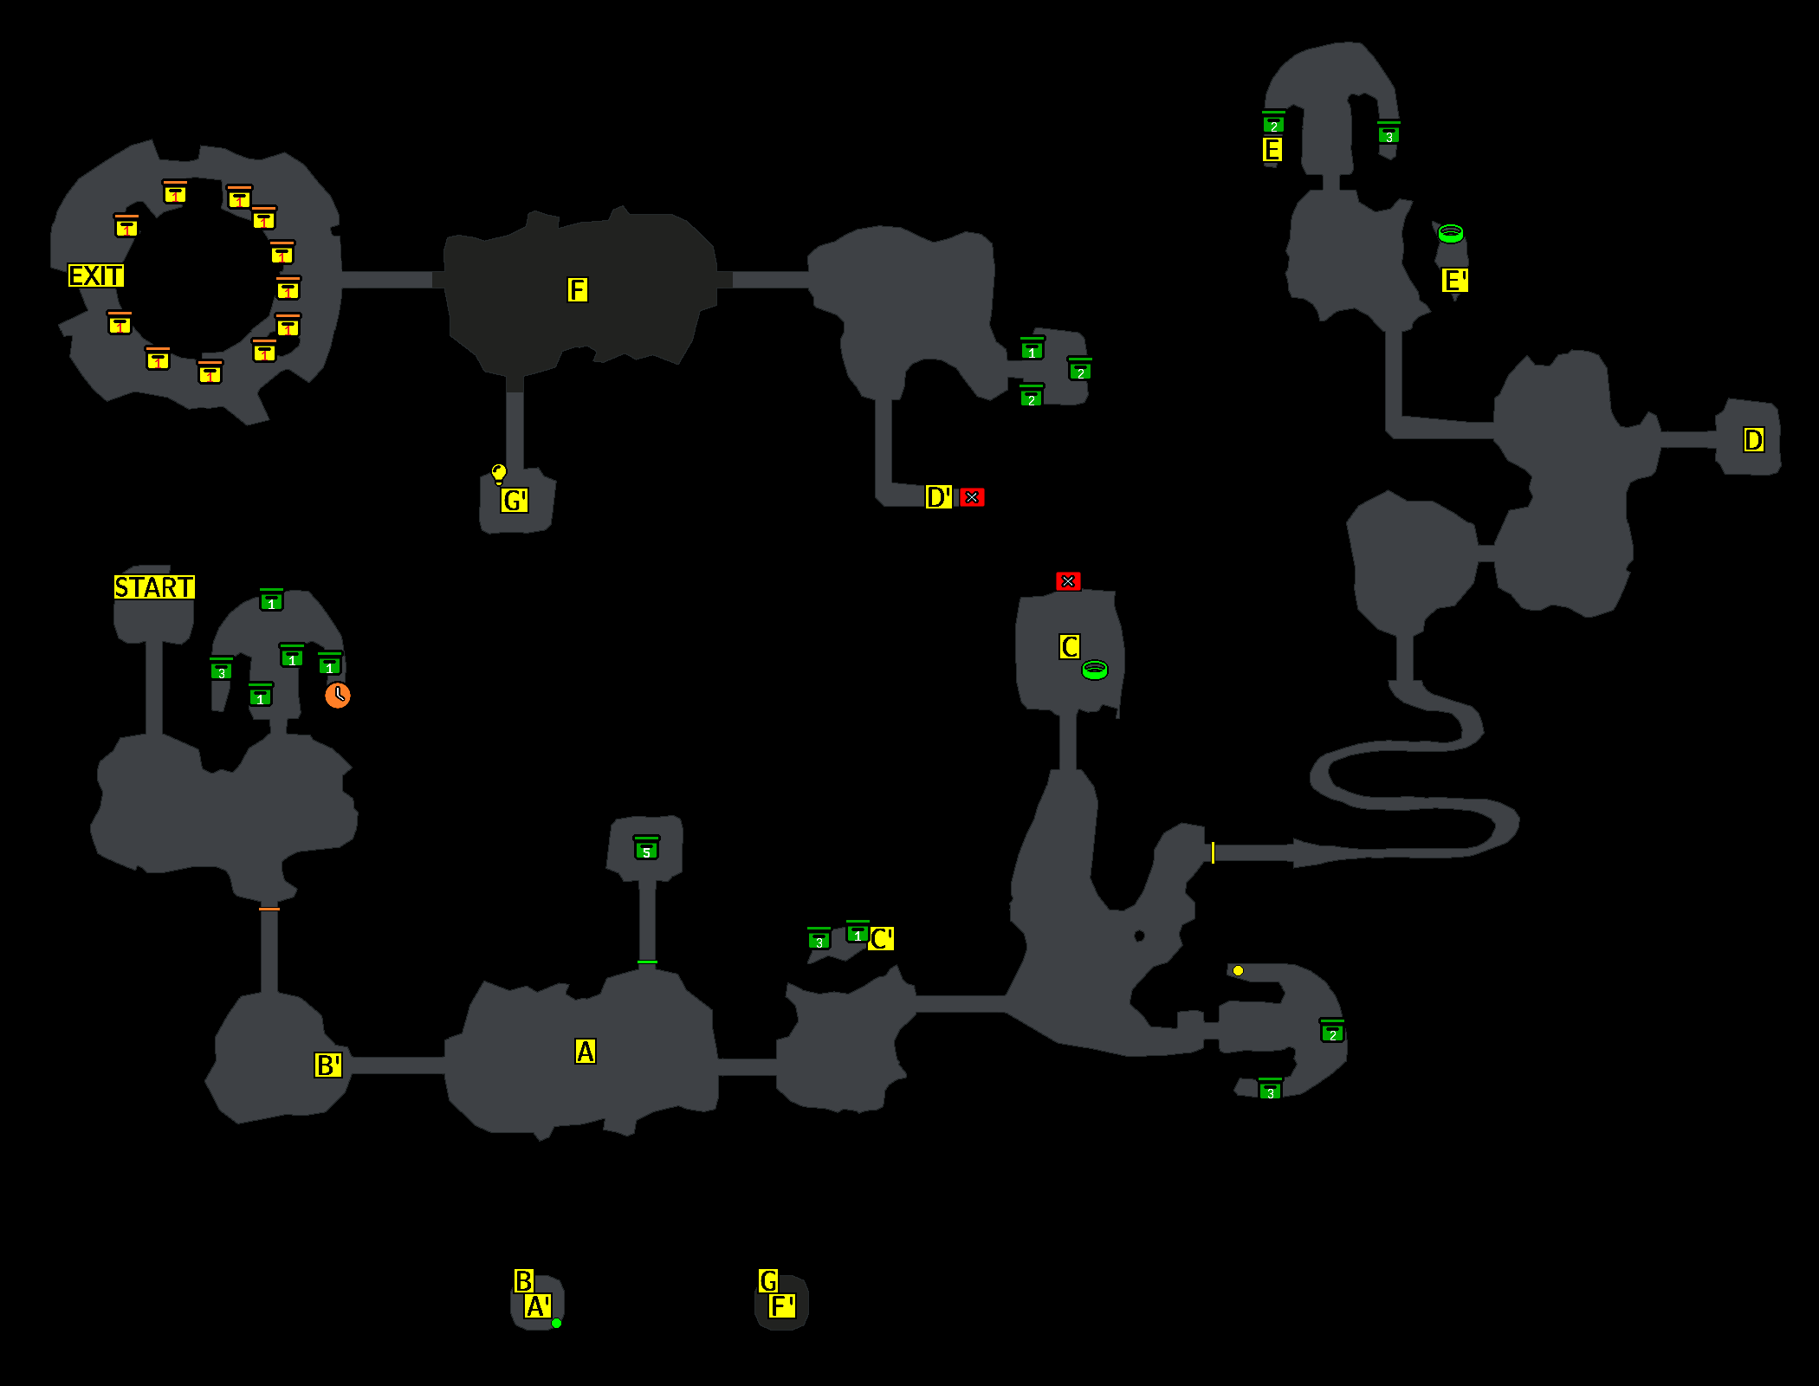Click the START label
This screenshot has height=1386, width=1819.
154,587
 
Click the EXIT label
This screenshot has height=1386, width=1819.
96,275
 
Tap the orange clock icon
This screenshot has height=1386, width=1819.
338,695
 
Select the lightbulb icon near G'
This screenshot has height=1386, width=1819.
499,473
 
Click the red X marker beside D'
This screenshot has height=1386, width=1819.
972,497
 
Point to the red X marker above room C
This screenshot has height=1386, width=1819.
1068,581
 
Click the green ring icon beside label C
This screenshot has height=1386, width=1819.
1095,670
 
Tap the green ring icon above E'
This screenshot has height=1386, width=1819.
1451,233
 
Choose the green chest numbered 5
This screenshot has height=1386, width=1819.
647,848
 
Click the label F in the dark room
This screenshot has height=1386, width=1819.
578,289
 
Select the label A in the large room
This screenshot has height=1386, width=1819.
586,1052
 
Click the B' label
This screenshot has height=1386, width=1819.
328,1065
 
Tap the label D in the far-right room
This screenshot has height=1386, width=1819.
1753,440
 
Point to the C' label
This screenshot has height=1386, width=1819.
882,939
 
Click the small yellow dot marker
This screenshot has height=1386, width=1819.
1238,971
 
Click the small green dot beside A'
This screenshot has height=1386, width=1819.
556,1323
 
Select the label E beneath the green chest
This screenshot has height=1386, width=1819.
1272,150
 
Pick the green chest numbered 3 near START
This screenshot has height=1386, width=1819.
222,670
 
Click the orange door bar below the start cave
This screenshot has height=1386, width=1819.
269,909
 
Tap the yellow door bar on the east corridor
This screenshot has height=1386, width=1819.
1213,852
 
